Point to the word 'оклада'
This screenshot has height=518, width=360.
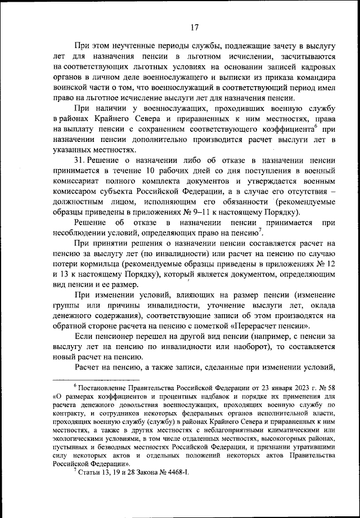click(x=321, y=305)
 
